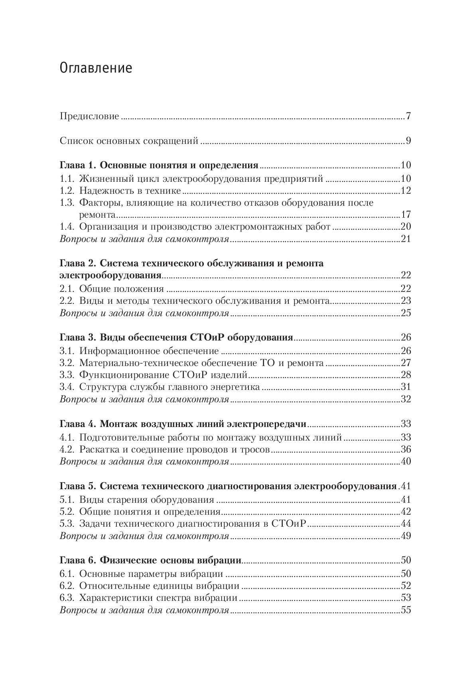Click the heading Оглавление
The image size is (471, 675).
click(x=96, y=69)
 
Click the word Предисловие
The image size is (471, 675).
click(x=89, y=116)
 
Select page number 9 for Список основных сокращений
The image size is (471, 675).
click(x=408, y=141)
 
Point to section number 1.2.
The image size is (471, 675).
click(x=67, y=191)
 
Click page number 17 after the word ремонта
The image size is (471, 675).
click(x=406, y=215)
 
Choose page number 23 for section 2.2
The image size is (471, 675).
click(x=406, y=301)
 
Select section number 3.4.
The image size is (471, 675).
click(x=67, y=387)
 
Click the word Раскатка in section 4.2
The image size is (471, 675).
click(x=98, y=449)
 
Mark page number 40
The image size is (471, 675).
click(x=406, y=462)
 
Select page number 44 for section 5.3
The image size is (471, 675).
click(x=406, y=523)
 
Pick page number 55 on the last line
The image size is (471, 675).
click(x=406, y=610)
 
